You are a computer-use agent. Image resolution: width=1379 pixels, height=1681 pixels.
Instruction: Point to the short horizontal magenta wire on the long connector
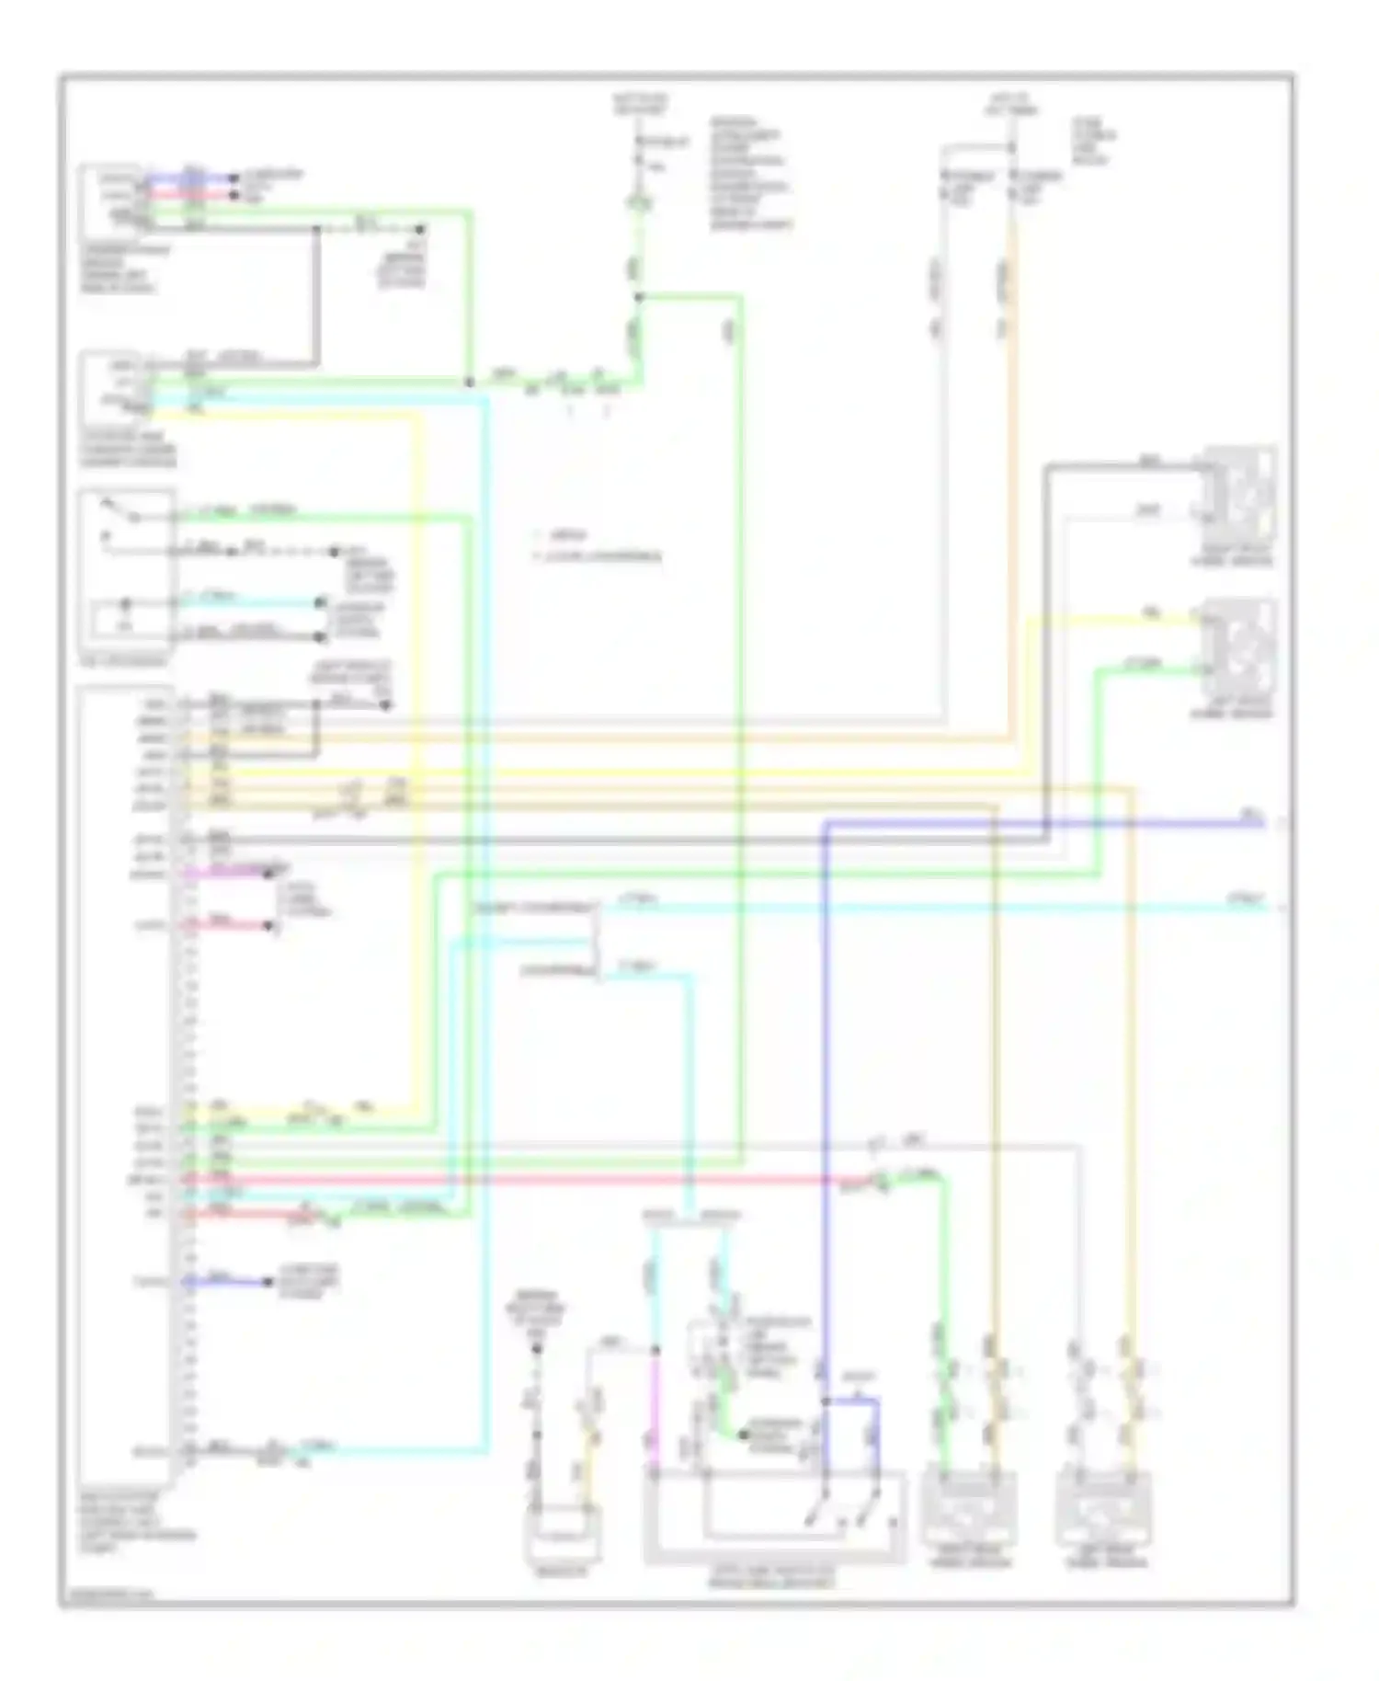(x=234, y=871)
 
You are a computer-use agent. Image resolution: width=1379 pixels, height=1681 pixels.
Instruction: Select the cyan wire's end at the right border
(x=1264, y=908)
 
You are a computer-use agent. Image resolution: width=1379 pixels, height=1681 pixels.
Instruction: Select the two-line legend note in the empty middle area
(x=598, y=545)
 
